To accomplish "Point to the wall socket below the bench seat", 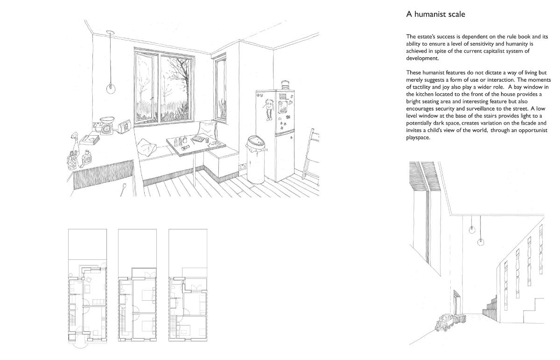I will (242, 166).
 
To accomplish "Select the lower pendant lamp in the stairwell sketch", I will (481, 242).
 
